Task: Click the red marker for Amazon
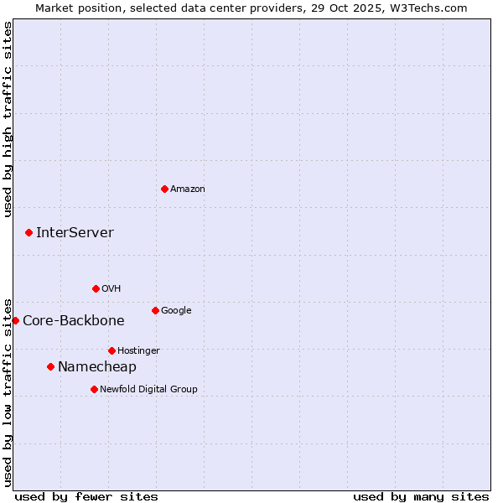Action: [164, 189]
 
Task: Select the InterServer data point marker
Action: [29, 232]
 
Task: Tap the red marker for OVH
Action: [96, 288]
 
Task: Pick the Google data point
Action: [155, 310]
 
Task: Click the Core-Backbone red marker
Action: [15, 320]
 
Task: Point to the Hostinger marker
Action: [111, 350]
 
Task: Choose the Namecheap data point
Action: [50, 366]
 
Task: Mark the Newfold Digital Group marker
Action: [94, 389]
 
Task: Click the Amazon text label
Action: [187, 189]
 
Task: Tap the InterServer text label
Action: [75, 233]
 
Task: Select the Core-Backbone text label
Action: [73, 321]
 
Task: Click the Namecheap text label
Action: [96, 367]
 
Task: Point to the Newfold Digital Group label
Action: [148, 390]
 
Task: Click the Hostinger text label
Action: [138, 351]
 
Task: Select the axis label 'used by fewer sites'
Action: [86, 496]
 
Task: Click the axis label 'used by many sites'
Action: [421, 496]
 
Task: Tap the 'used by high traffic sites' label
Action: [8, 119]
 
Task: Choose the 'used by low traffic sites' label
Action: [8, 392]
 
